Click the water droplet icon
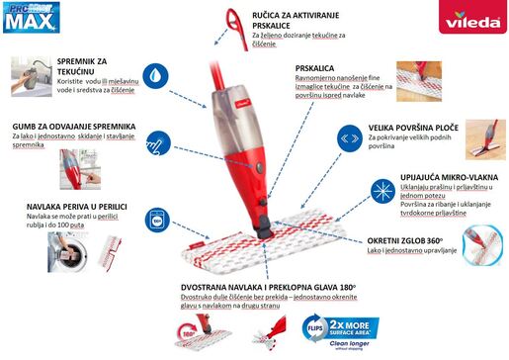click(x=156, y=75)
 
